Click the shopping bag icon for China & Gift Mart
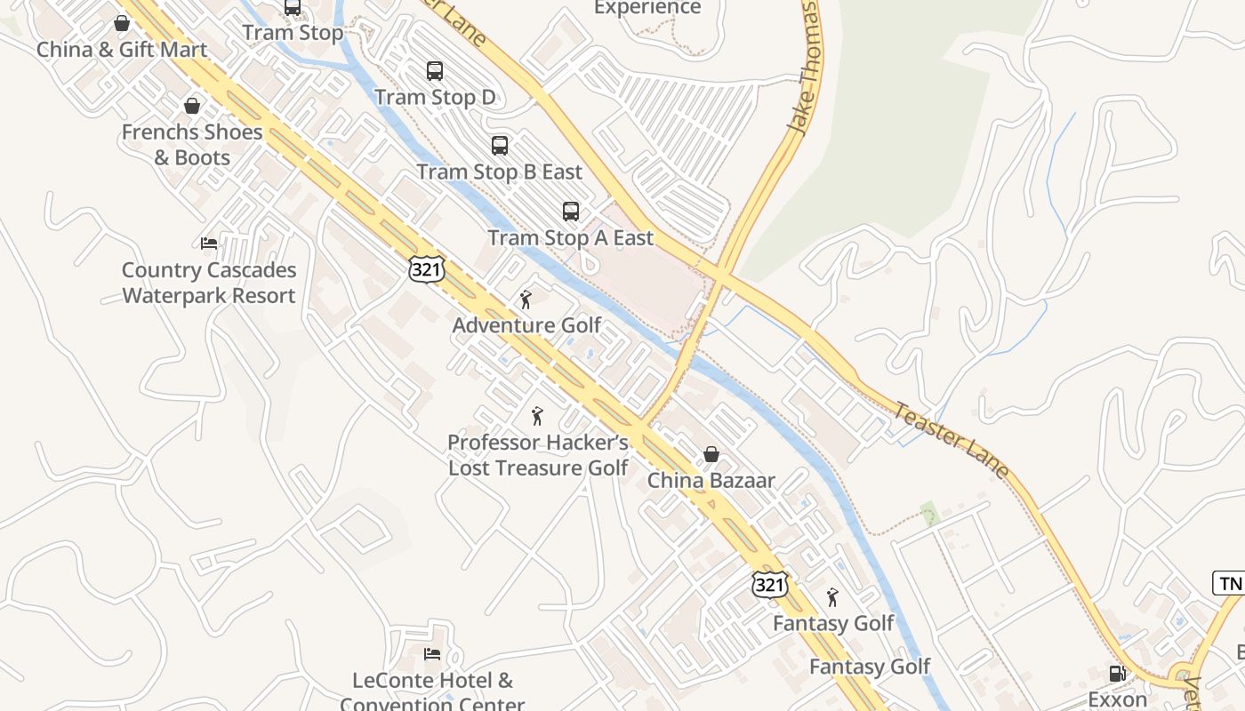(122, 23)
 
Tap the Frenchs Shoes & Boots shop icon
(192, 107)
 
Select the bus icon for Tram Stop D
(435, 71)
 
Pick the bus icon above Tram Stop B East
(500, 145)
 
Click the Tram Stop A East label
(570, 238)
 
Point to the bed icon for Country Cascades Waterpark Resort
(209, 243)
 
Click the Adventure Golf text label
(526, 325)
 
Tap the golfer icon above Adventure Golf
(526, 300)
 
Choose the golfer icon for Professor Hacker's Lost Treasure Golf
(536, 416)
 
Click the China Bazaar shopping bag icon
(711, 454)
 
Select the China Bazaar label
(711, 481)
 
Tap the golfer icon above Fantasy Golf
(832, 597)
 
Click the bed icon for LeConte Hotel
(432, 654)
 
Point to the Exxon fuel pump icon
(1117, 674)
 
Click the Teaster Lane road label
(952, 440)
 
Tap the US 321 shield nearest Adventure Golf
(427, 269)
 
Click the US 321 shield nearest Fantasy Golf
(769, 584)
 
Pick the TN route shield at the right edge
(1230, 583)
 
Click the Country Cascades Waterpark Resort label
(209, 283)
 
